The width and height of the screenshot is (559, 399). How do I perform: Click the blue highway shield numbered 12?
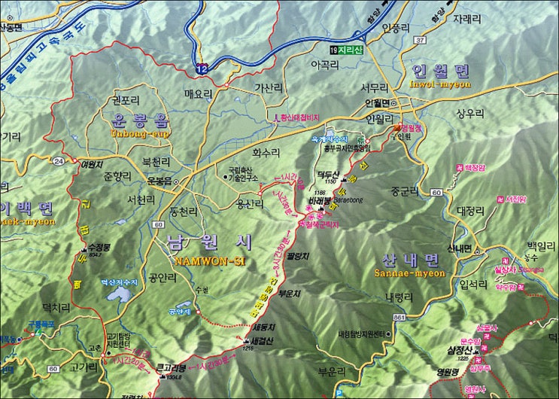coord(202,68)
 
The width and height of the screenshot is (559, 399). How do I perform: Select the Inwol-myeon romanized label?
coord(440,84)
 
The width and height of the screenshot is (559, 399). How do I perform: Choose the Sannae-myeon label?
coord(406,274)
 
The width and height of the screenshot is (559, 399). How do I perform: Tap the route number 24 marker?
coord(59,160)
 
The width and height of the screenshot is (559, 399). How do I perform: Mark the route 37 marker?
coord(420,39)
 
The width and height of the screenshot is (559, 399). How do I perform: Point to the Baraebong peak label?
coord(320,212)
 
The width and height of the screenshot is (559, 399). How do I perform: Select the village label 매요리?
coord(199,94)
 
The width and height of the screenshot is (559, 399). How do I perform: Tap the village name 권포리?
coord(125,99)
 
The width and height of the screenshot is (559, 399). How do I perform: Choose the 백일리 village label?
coord(539,245)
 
